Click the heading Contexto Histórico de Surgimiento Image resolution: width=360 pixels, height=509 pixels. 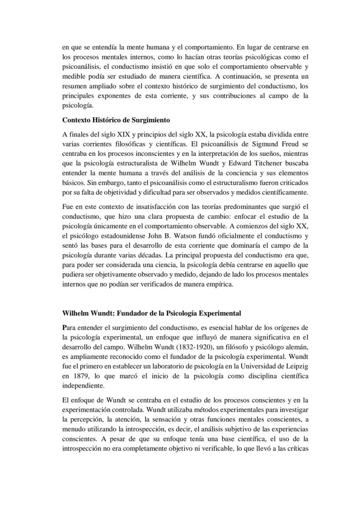pos(116,120)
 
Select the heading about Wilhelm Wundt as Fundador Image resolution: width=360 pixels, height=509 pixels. pos(152,313)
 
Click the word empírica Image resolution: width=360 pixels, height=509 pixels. pos(221,285)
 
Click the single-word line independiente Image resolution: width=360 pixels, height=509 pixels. pos(83,386)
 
